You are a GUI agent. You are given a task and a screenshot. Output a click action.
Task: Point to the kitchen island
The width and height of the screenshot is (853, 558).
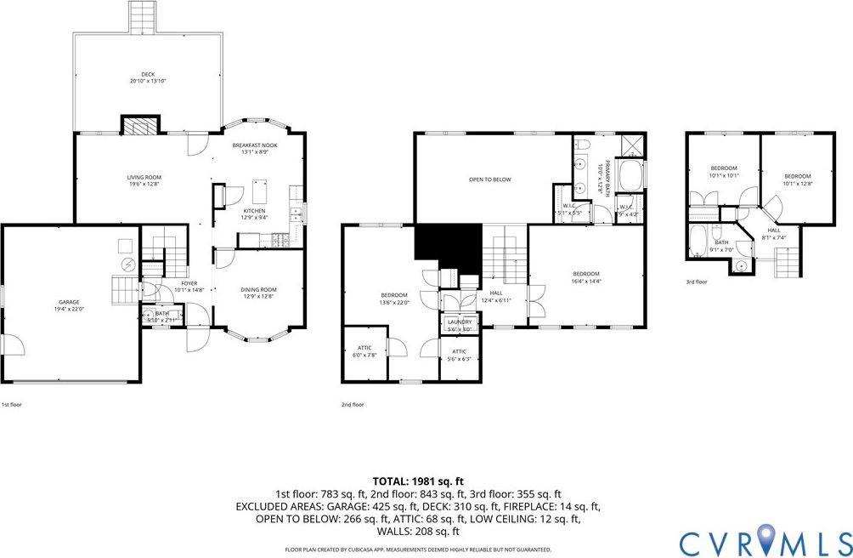260,187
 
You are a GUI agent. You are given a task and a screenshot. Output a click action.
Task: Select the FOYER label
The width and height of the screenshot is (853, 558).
189,285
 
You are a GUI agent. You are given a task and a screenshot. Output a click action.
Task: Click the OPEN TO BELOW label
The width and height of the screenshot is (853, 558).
490,179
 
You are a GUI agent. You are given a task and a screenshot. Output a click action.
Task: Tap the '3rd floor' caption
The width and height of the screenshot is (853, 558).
697,282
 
